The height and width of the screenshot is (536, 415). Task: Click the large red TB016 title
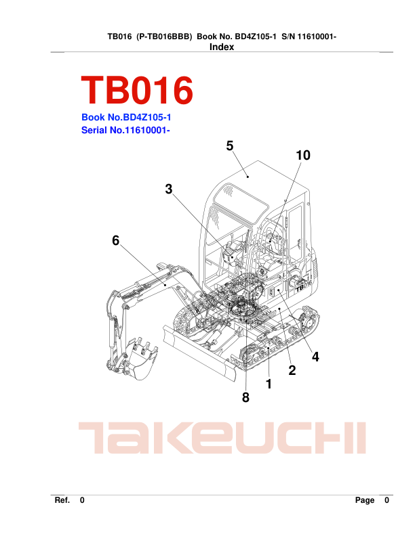(137, 90)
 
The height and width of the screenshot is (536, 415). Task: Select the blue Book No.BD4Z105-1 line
(126, 117)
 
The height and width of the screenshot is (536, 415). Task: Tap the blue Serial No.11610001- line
(125, 130)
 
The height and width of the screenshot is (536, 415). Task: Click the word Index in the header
(222, 47)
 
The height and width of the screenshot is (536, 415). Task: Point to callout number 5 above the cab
(229, 146)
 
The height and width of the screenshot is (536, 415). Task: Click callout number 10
(303, 155)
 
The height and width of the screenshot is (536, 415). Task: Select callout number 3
(168, 189)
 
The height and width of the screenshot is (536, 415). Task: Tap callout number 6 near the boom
(116, 240)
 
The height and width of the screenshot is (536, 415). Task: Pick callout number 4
(315, 357)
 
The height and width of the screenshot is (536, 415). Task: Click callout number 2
(292, 370)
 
